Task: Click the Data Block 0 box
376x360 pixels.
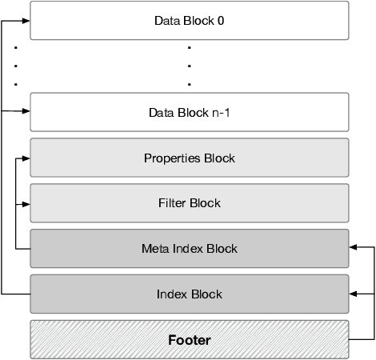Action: click(x=190, y=21)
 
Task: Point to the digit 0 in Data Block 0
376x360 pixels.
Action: click(x=221, y=21)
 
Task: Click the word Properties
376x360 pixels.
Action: click(x=171, y=158)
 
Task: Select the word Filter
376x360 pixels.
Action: click(x=172, y=203)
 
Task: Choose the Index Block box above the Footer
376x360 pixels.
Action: click(x=190, y=294)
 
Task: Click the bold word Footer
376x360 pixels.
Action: click(x=190, y=340)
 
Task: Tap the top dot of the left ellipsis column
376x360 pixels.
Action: click(x=16, y=48)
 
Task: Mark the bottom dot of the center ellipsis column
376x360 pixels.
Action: click(x=189, y=83)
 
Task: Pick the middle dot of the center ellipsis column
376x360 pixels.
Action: click(x=189, y=66)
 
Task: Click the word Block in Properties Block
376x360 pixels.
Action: click(x=218, y=158)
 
